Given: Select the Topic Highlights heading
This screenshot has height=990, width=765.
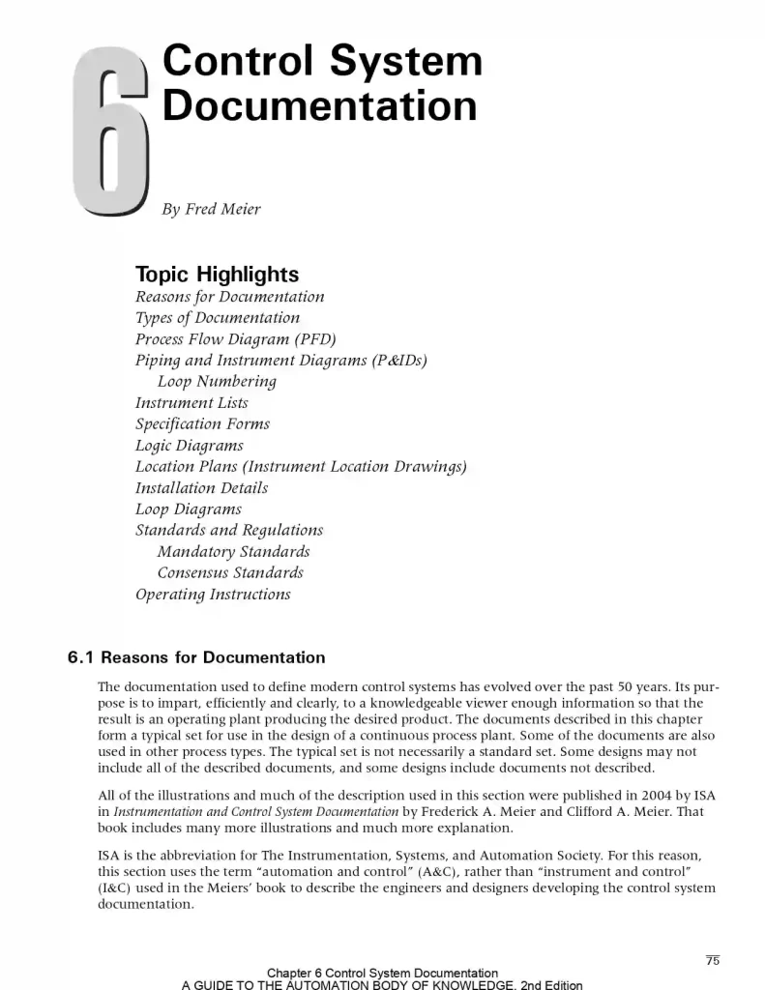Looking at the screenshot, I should click(x=217, y=274).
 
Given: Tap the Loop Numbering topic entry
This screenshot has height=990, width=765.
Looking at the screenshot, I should click(x=217, y=381).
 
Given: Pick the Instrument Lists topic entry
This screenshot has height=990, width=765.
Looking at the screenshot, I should click(x=191, y=402).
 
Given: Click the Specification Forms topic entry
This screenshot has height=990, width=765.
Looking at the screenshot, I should click(x=202, y=423).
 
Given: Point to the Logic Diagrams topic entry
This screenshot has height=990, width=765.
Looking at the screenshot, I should click(x=189, y=445).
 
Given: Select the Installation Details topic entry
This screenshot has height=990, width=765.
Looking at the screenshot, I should click(x=201, y=487).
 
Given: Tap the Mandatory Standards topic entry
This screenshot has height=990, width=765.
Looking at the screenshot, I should click(x=233, y=551).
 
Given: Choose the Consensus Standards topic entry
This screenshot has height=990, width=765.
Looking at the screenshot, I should click(x=230, y=572).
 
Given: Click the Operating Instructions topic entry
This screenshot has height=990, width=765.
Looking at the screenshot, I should click(x=213, y=594).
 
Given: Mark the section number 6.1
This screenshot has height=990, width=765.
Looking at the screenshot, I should click(x=80, y=657).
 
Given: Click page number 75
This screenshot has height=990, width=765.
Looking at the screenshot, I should click(x=713, y=960).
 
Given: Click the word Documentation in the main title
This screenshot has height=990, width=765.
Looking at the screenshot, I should click(x=319, y=105).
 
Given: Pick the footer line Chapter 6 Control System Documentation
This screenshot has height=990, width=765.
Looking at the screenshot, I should click(x=382, y=973).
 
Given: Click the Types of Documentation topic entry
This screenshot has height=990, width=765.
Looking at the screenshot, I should click(x=218, y=317).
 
